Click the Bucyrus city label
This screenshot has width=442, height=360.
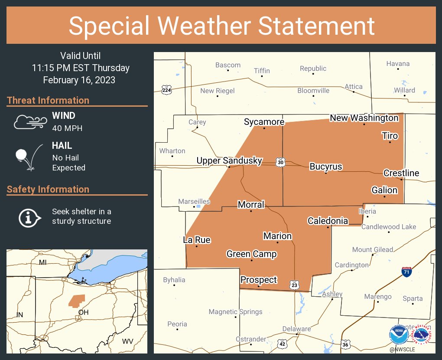325,167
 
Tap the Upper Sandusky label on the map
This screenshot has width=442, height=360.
229,160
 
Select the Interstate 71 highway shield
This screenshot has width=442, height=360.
406,272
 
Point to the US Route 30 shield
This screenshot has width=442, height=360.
281,162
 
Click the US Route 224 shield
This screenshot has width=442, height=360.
166,90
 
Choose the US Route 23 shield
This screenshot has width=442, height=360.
295,285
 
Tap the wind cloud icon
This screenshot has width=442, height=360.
29,122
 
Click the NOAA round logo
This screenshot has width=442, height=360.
399,334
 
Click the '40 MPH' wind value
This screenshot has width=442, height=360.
67,128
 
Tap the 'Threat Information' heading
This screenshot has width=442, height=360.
48,100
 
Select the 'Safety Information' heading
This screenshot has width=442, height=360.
48,189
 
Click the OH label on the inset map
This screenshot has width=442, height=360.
83,312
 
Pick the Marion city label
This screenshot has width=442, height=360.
277,236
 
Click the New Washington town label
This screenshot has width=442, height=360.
364,118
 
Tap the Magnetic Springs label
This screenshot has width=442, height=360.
235,311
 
